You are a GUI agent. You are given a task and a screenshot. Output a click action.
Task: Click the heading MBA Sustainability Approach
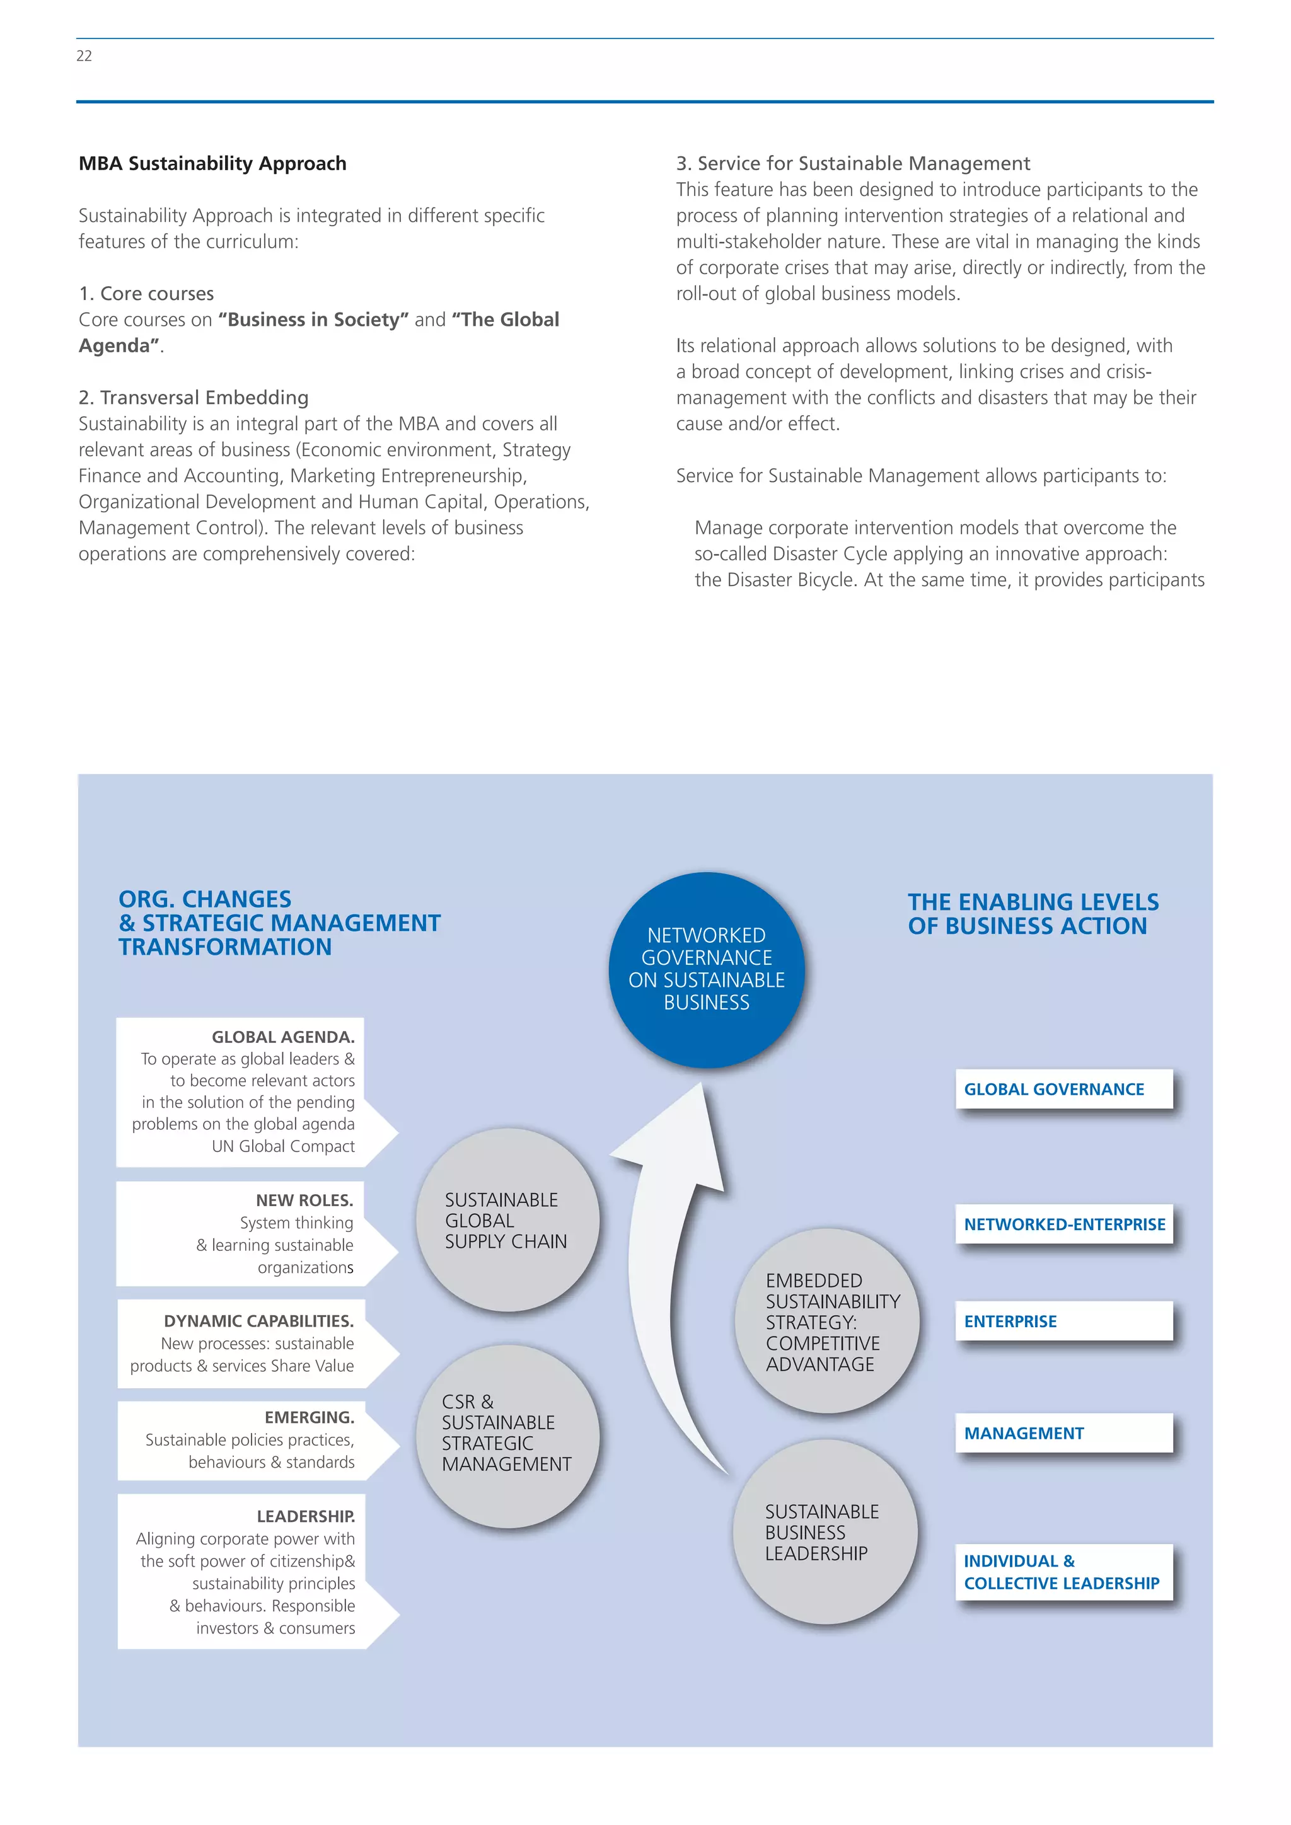(x=212, y=164)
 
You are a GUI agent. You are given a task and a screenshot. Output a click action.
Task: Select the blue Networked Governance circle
(x=706, y=969)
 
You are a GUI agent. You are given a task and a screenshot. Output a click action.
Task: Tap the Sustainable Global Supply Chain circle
(x=507, y=1220)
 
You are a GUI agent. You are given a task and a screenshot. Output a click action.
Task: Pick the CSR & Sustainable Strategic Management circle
(x=507, y=1436)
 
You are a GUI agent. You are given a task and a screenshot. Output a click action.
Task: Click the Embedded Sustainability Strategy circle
(x=827, y=1321)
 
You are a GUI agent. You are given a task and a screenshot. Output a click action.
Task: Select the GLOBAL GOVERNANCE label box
(x=1063, y=1089)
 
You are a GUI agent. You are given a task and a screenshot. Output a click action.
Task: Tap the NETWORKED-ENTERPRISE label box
(x=1063, y=1224)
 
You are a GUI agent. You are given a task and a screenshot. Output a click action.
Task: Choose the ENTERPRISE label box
(x=1063, y=1321)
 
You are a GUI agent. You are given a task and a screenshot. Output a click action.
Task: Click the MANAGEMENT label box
(x=1063, y=1433)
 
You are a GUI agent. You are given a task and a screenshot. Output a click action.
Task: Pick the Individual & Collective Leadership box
(x=1063, y=1572)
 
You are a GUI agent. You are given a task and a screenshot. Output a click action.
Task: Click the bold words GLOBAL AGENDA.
(x=283, y=1037)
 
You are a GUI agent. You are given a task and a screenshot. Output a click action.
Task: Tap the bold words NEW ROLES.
(x=304, y=1200)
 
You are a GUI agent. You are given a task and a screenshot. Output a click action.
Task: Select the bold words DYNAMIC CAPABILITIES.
(x=258, y=1321)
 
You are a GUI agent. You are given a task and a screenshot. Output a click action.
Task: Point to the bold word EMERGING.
(x=310, y=1417)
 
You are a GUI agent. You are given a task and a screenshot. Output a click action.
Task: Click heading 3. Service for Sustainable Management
(x=853, y=164)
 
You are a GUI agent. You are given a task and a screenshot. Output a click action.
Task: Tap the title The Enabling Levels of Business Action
(x=1033, y=914)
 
